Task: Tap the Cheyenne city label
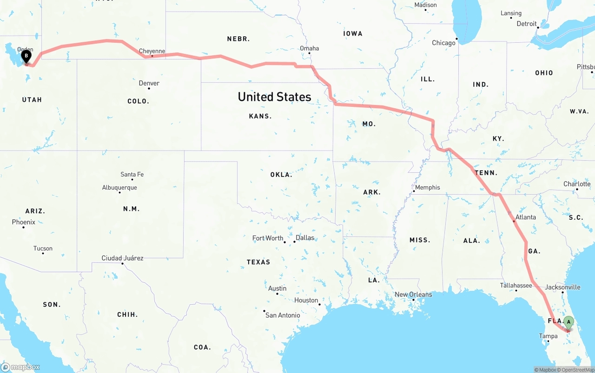(x=152, y=51)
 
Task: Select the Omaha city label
(x=309, y=48)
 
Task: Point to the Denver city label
(x=149, y=83)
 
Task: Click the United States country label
(x=274, y=97)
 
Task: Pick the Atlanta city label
(x=525, y=217)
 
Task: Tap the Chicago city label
(x=443, y=43)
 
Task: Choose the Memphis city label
(x=427, y=187)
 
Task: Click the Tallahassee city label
(x=516, y=285)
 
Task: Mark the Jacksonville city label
(x=562, y=287)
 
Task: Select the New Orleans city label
(x=413, y=294)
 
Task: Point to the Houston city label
(x=306, y=300)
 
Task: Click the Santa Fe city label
(x=132, y=174)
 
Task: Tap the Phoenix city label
(x=24, y=222)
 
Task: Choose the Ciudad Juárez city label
(x=122, y=258)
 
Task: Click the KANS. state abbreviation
(x=260, y=116)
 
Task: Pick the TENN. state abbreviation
(x=486, y=173)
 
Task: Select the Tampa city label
(x=548, y=336)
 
